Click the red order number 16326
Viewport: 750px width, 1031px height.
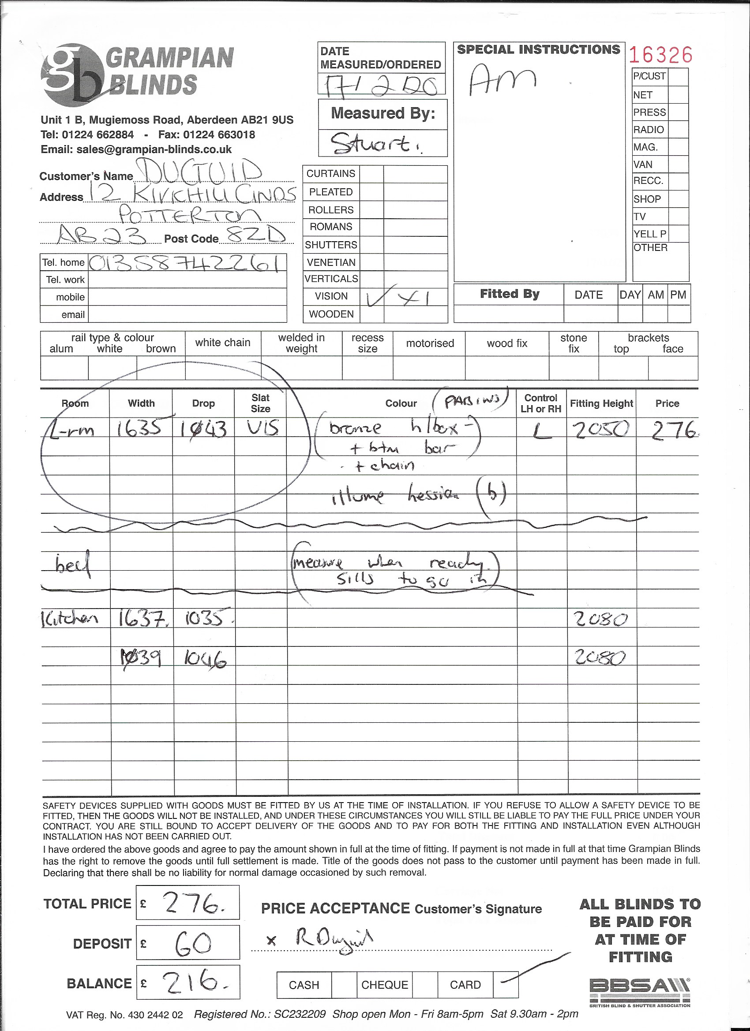pos(660,56)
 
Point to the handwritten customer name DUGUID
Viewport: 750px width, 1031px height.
pos(200,172)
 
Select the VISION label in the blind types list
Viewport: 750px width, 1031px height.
pos(331,296)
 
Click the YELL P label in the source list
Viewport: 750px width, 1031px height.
pos(649,234)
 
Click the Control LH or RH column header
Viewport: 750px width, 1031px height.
pos(541,403)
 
